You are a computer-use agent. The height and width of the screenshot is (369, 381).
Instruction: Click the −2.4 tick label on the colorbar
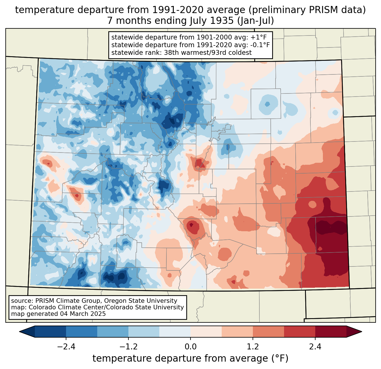point(66,347)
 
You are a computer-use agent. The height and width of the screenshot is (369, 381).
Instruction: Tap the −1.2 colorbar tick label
point(128,347)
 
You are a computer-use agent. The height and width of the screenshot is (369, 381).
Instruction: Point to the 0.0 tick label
point(190,347)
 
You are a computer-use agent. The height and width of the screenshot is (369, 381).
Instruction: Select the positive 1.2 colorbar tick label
point(253,347)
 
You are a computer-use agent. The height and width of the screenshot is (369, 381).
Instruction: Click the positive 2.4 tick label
point(315,347)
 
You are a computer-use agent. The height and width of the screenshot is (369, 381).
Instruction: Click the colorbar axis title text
point(190,358)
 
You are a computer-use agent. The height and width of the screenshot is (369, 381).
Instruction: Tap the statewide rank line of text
point(181,53)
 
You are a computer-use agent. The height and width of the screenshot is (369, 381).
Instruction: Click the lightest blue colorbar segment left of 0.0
point(175,332)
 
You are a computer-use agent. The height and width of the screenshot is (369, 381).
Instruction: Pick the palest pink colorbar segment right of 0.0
point(206,332)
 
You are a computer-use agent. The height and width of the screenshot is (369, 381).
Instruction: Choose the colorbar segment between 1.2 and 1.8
point(268,332)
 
